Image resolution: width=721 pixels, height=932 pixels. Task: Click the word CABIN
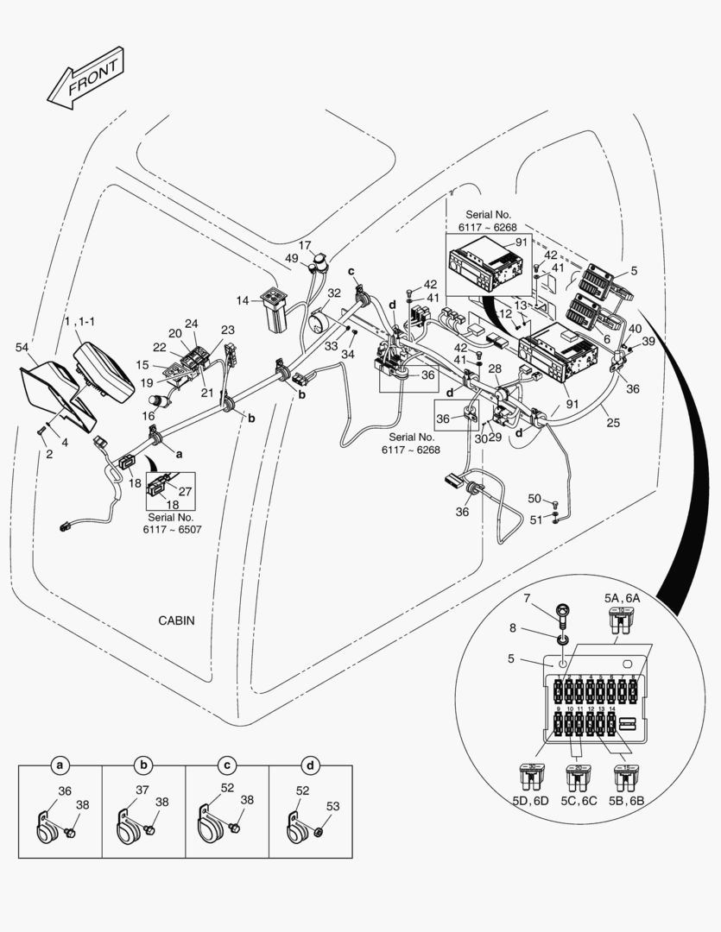click(x=176, y=620)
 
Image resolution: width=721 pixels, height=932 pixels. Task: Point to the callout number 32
click(x=334, y=293)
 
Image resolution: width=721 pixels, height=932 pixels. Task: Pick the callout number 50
click(x=534, y=499)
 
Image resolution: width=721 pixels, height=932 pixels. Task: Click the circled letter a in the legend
click(x=60, y=765)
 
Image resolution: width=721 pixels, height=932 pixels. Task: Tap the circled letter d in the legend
click(x=311, y=765)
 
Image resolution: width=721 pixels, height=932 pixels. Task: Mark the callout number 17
click(x=305, y=245)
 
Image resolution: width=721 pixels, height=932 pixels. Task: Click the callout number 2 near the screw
click(x=49, y=454)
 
